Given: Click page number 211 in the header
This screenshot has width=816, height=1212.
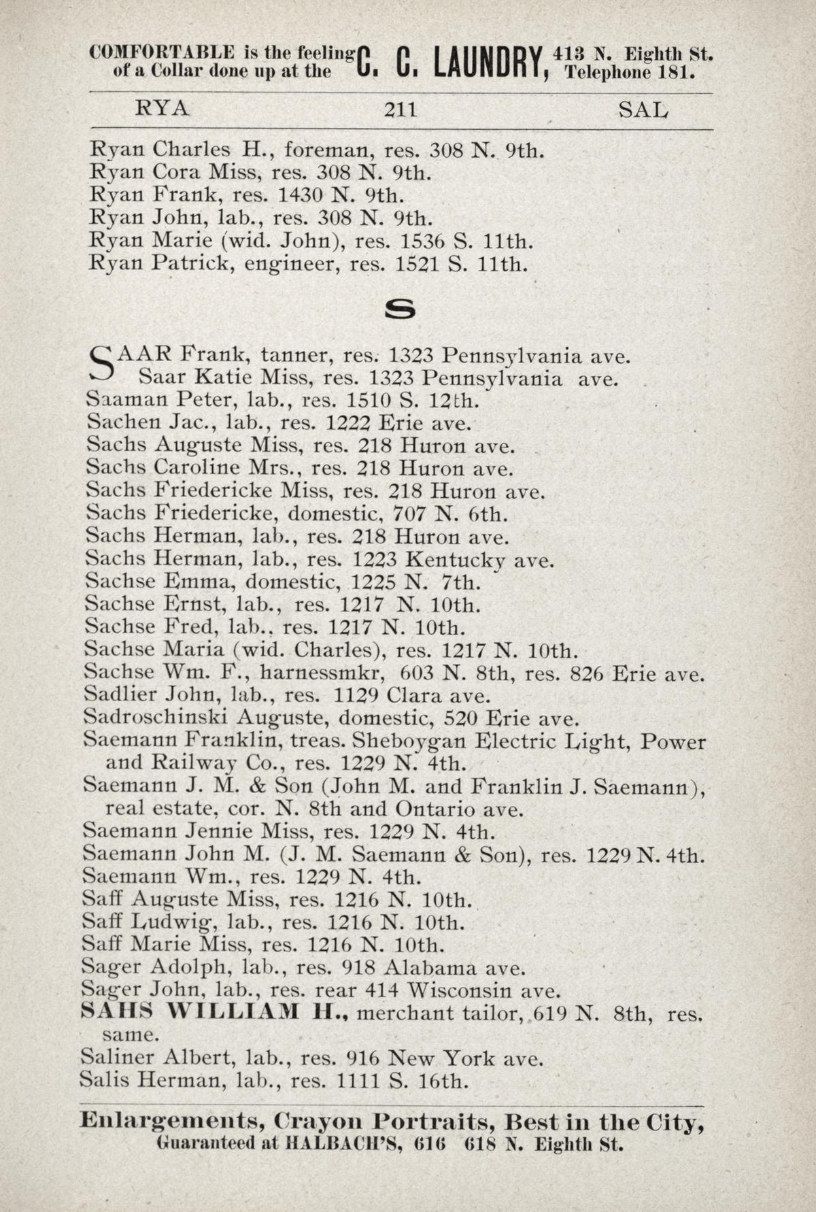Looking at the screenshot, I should (400, 109).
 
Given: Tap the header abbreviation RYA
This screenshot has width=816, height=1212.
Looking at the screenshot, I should (163, 109).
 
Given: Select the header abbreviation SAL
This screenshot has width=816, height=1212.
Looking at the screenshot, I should (643, 109).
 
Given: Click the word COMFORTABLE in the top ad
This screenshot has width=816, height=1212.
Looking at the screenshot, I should (163, 52).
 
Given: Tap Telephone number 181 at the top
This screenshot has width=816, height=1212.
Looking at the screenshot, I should (676, 71).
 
